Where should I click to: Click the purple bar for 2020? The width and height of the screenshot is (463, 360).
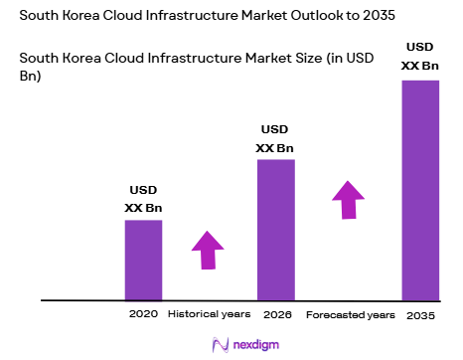coord(143,259)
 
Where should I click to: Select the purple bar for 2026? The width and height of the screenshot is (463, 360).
coord(275,229)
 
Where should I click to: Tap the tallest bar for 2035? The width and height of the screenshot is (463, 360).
coord(419,189)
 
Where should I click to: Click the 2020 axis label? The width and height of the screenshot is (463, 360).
coord(143,313)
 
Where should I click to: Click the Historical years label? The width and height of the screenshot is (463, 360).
coord(209,313)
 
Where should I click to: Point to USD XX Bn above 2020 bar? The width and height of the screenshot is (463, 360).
coord(143,200)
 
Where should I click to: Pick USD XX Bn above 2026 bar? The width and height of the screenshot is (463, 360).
coord(275,139)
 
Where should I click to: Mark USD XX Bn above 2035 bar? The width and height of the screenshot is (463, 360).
coord(419,57)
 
